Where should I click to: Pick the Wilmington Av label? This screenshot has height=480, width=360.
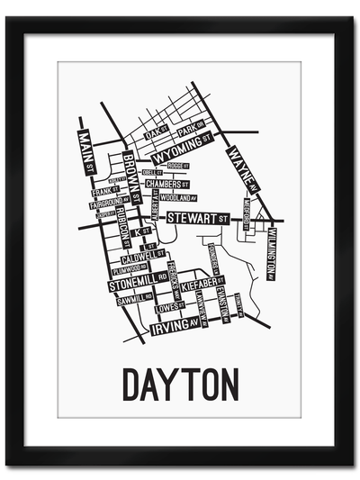tap(271, 255)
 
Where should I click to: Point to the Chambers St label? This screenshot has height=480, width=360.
tap(167, 184)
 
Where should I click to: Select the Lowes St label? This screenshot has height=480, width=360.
tap(168, 307)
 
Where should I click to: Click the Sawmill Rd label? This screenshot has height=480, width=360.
tap(133, 297)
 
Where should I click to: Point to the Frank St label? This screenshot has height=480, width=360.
tap(101, 191)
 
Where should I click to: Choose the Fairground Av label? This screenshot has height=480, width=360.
tap(110, 204)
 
